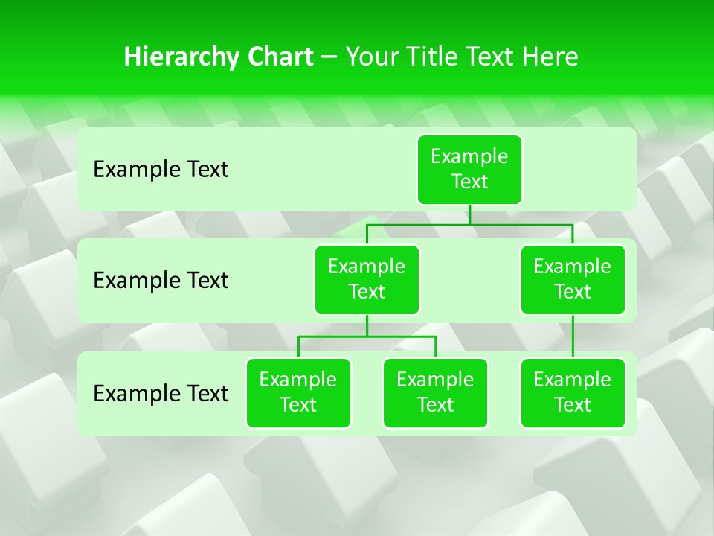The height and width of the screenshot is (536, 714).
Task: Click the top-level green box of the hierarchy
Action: (x=469, y=169)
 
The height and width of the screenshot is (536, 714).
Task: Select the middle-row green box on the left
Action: (x=367, y=279)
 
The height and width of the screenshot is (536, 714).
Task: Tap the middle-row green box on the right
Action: (x=573, y=279)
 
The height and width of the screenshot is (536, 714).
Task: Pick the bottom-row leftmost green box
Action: (x=298, y=392)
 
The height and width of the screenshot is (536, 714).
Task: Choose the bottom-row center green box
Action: (x=435, y=392)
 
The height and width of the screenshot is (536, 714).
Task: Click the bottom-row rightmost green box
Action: (x=573, y=392)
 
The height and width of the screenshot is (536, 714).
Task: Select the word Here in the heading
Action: (x=550, y=57)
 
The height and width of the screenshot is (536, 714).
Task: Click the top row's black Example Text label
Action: (x=161, y=170)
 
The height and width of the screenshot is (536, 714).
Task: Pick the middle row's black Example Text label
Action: (x=161, y=281)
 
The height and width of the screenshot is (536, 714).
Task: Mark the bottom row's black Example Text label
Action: (x=161, y=393)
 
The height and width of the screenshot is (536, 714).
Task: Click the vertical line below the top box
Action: (x=469, y=214)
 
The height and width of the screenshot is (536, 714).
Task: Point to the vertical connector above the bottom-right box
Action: (x=573, y=336)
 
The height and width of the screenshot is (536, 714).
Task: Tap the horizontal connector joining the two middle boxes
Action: (x=469, y=224)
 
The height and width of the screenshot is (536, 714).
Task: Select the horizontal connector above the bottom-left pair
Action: (x=367, y=336)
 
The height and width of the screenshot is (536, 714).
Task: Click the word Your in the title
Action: (x=373, y=57)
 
